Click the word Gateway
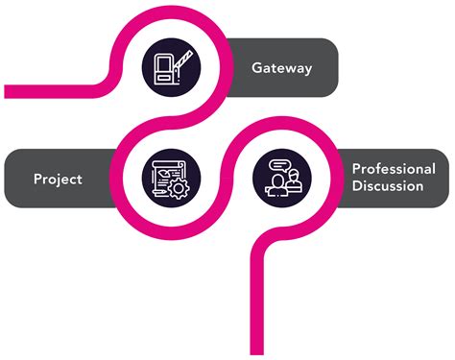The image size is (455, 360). point(282,67)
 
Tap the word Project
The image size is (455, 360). point(57,179)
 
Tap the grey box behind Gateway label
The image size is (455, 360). point(288,67)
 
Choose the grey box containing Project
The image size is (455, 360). point(58,179)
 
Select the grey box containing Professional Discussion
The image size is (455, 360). point(389,178)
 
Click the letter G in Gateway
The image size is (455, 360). point(257,67)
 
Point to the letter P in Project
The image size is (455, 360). point(37,179)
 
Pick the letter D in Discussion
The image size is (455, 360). point(356,186)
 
